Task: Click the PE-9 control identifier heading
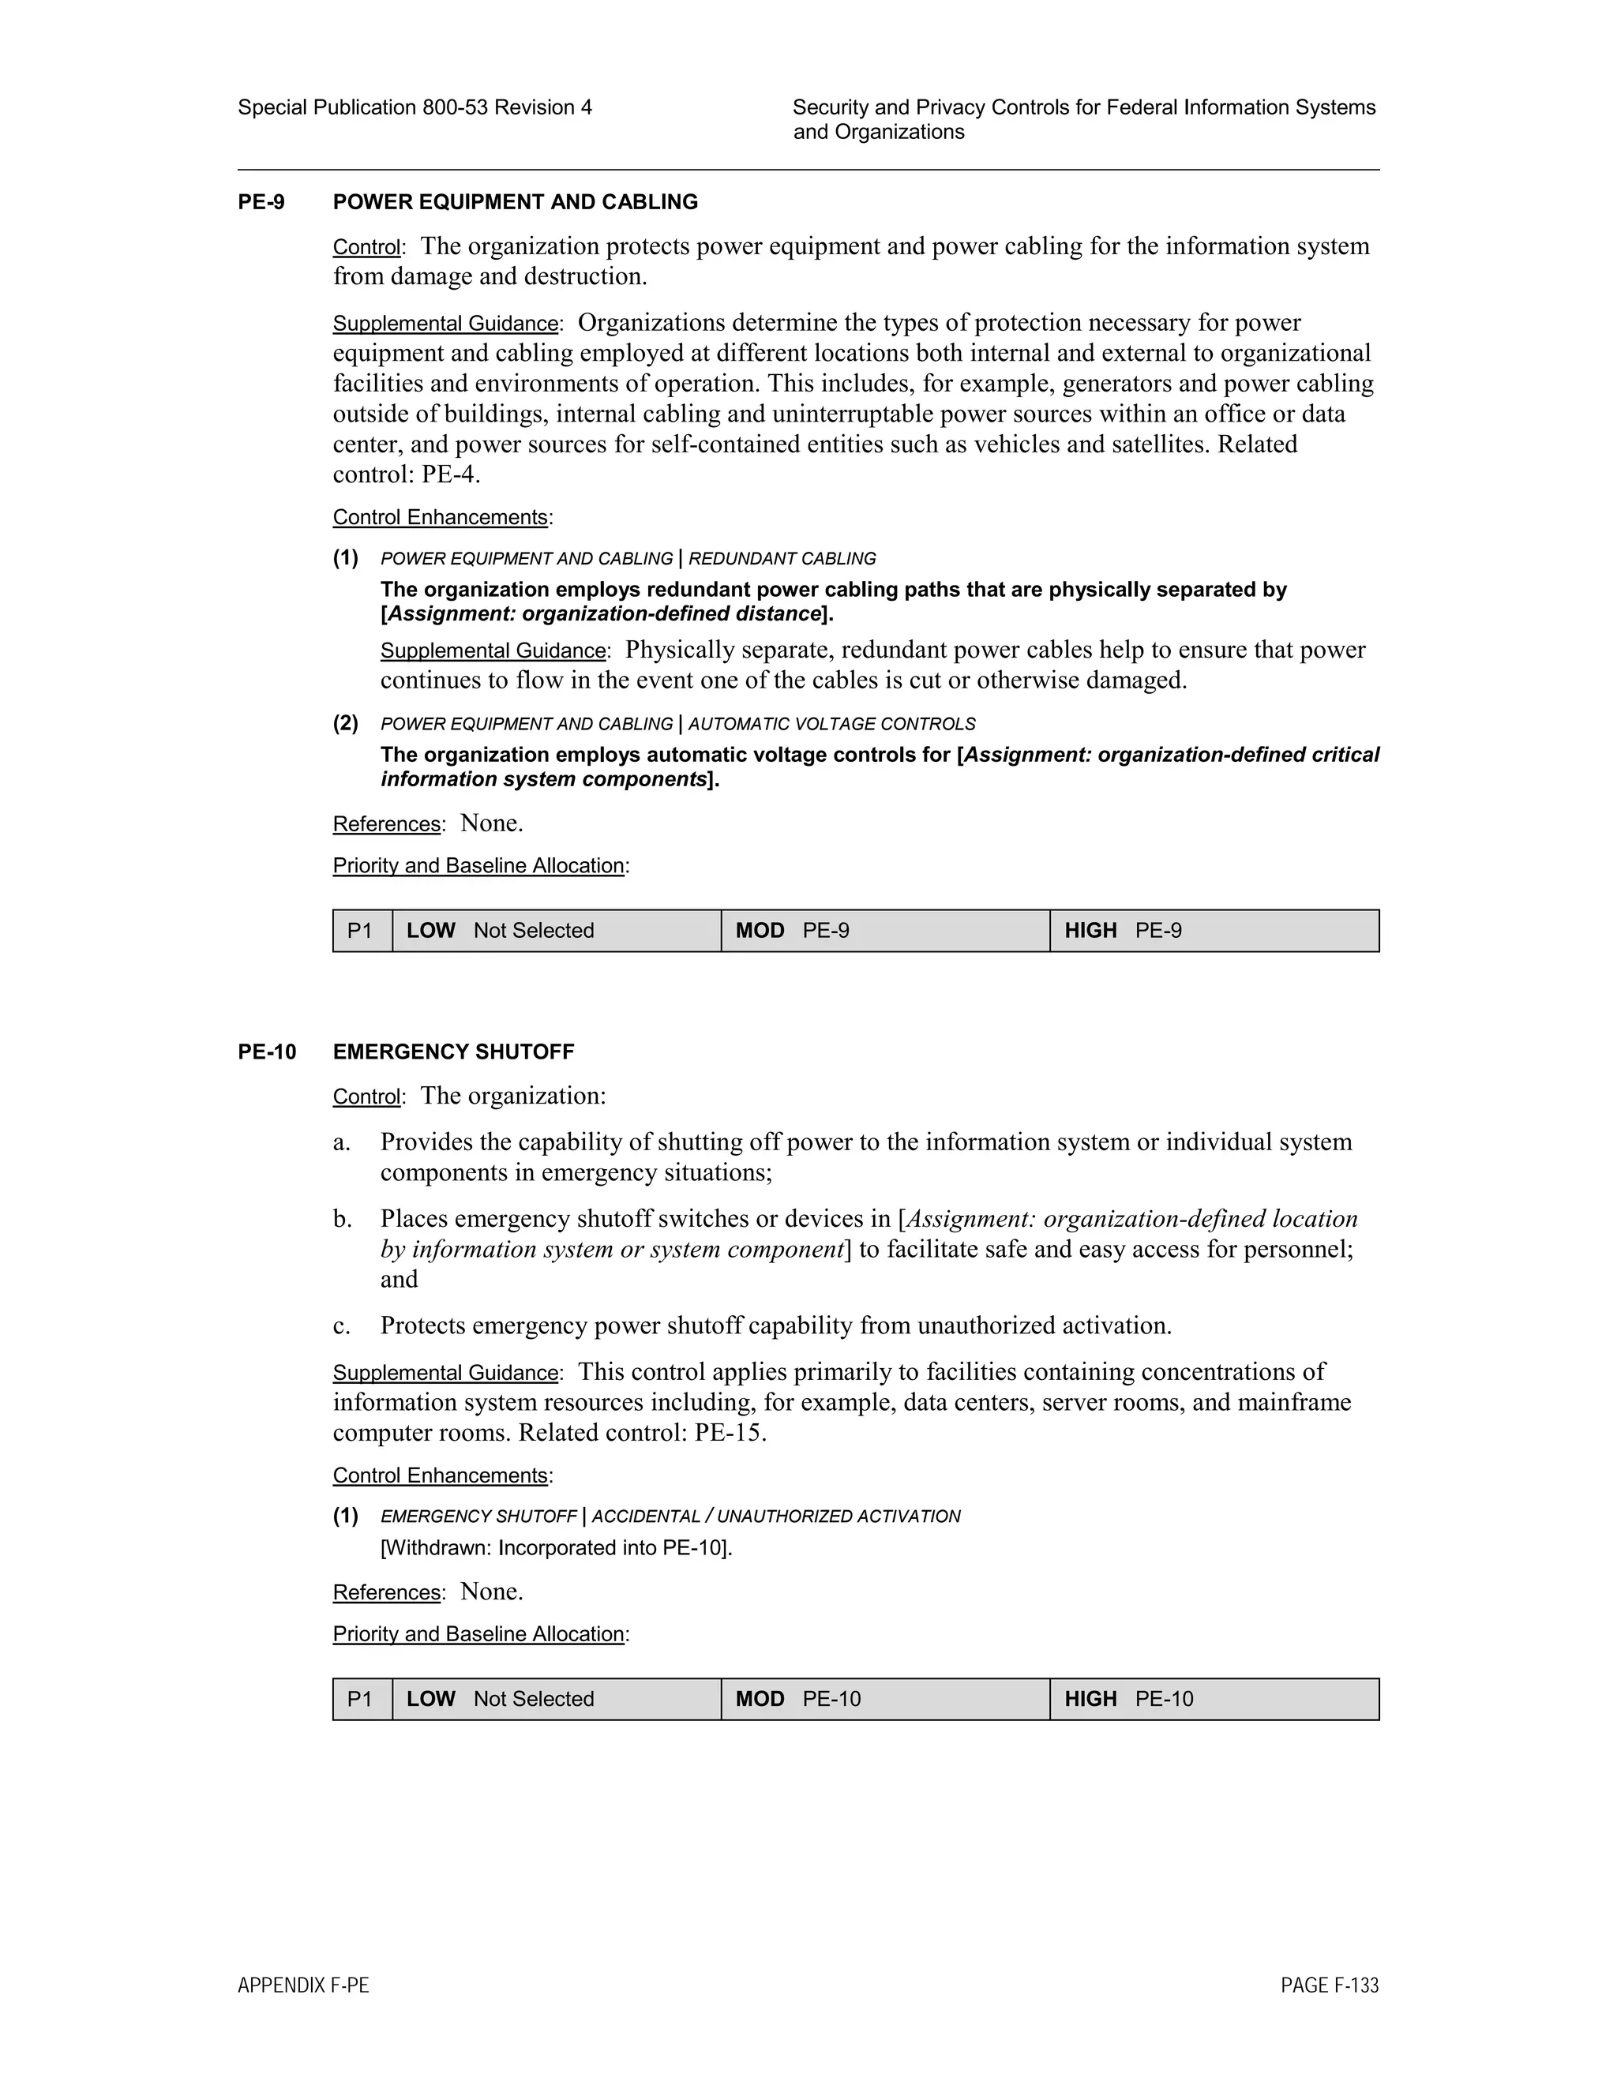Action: pos(261,202)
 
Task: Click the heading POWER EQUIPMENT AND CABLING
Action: pos(515,202)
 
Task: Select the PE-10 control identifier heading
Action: pos(266,1052)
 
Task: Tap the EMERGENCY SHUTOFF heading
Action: pos(453,1052)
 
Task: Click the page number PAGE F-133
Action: pos(1329,1985)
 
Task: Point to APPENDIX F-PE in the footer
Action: pos(302,1985)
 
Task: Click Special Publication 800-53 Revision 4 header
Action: pos(414,107)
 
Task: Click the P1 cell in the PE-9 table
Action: pos(361,930)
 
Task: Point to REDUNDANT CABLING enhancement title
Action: pos(782,558)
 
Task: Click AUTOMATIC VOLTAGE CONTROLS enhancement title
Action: pos(831,724)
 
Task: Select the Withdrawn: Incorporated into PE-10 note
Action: pos(556,1548)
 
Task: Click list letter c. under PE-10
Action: pos(342,1325)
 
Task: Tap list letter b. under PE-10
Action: pos(342,1220)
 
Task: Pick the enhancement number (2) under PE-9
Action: pos(346,723)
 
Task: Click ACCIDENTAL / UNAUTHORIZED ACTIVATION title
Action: pos(776,1517)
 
